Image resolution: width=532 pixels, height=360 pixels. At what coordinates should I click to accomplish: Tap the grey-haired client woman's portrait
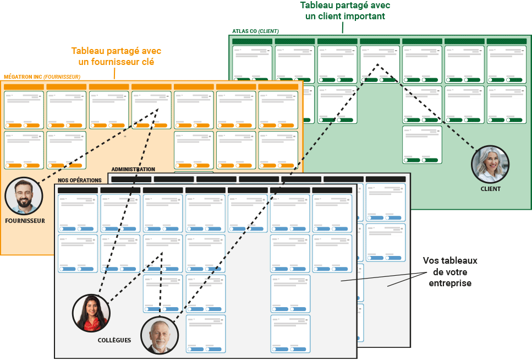[490, 164]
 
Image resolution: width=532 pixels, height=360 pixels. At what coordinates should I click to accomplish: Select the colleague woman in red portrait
[91, 313]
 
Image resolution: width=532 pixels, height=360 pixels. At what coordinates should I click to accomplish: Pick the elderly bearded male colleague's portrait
[160, 335]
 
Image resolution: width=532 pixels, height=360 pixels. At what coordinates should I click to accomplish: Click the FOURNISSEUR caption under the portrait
[25, 221]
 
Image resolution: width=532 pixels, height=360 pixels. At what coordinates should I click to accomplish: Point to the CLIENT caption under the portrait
[490, 189]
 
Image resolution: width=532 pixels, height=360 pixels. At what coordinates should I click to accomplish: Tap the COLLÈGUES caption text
[114, 340]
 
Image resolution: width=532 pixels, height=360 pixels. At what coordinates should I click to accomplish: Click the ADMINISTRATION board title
[133, 170]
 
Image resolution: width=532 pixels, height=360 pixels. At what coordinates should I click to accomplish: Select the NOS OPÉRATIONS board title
[80, 181]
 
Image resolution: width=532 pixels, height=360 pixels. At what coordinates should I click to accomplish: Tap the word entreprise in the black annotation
[449, 283]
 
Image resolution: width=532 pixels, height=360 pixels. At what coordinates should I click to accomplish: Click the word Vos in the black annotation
[430, 260]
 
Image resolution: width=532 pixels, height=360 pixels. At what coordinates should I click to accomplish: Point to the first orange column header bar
[24, 87]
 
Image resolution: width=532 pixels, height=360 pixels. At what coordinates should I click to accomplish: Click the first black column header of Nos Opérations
[78, 190]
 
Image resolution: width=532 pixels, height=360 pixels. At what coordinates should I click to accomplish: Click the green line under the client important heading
[342, 28]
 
